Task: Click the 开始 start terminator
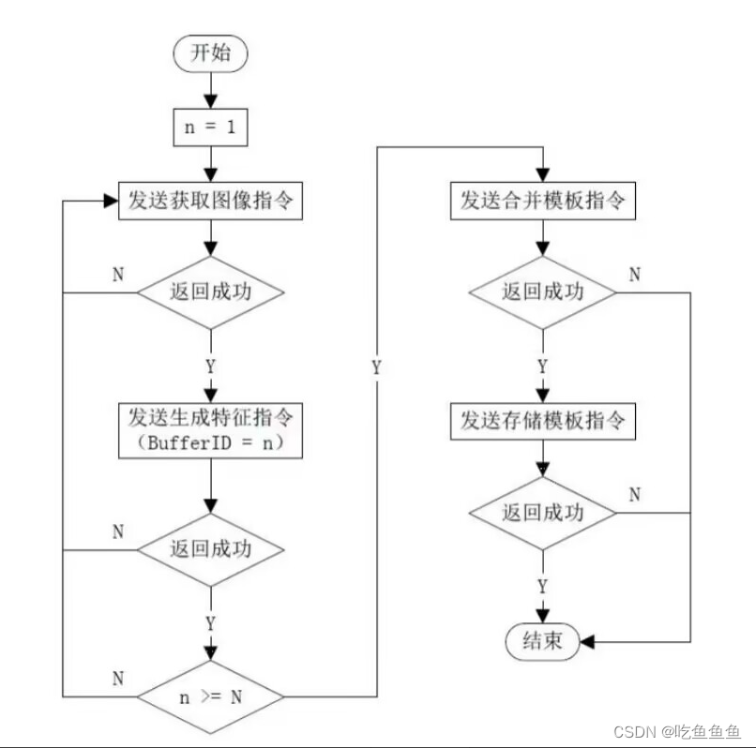(209, 53)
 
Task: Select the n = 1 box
(209, 127)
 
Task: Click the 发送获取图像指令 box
(210, 201)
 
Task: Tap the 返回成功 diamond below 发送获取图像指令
(209, 292)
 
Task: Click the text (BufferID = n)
(210, 443)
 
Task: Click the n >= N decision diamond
(209, 696)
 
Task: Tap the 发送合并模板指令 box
(541, 201)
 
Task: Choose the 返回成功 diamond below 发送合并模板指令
(541, 292)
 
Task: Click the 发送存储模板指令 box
(541, 421)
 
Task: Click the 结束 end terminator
(541, 641)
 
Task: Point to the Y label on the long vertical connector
(376, 367)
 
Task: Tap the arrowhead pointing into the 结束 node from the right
(587, 642)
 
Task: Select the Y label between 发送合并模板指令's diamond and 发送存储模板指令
(542, 366)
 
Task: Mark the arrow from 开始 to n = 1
(209, 91)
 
